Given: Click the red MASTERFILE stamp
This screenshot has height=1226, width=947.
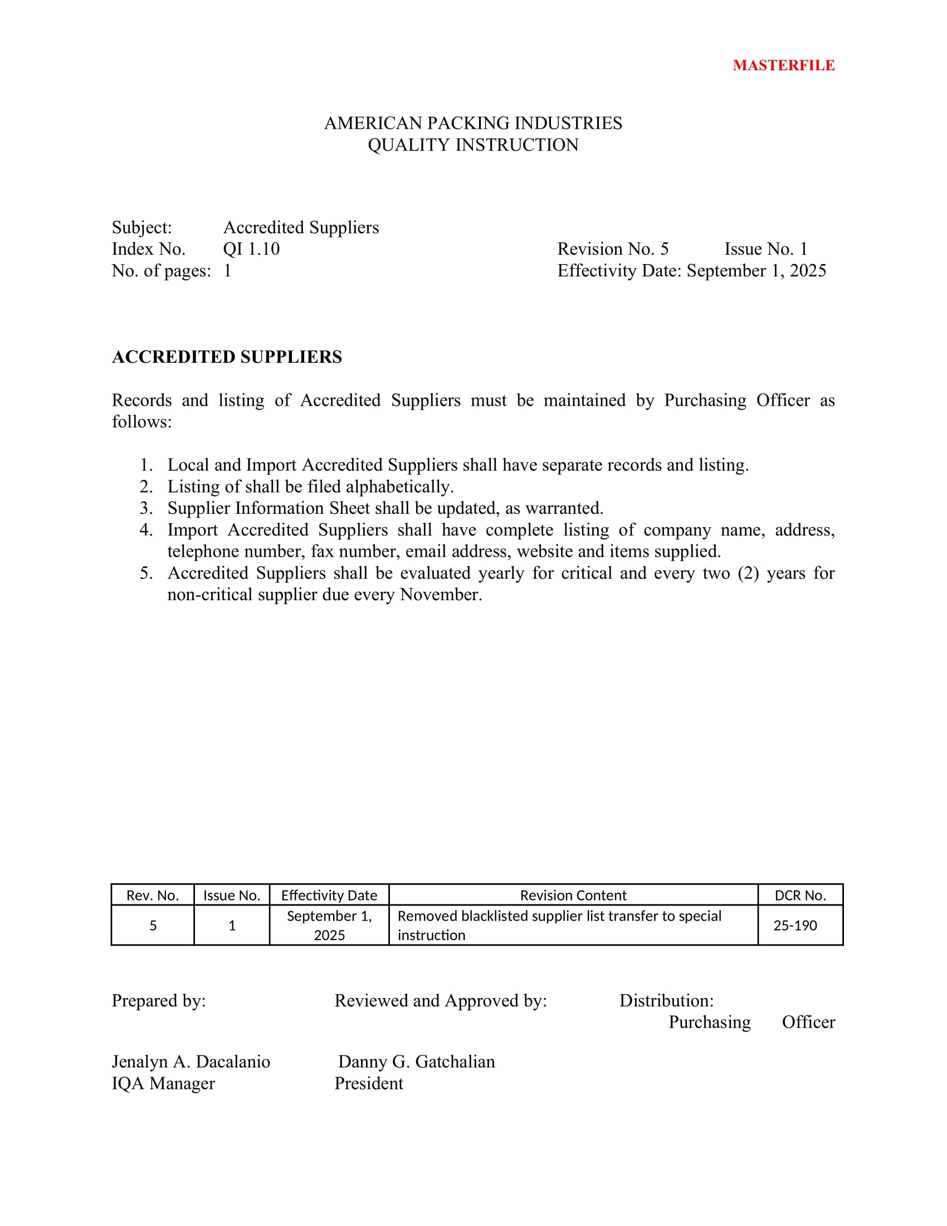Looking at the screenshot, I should (783, 65).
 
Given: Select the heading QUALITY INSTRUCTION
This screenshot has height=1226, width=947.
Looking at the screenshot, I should (473, 145).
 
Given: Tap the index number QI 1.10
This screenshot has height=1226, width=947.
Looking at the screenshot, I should (251, 249).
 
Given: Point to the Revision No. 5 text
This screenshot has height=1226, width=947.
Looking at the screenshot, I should (613, 249).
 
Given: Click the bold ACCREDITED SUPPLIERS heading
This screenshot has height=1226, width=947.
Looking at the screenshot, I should (227, 357).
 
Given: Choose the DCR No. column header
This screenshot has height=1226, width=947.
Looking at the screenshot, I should (800, 896).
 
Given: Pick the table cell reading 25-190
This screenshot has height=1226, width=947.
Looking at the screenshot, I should (795, 925).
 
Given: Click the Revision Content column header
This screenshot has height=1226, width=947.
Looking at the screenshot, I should (573, 896).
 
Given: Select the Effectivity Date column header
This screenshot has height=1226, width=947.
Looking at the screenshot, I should (329, 896).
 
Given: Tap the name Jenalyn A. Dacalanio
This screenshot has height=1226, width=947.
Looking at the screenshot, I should (191, 1062).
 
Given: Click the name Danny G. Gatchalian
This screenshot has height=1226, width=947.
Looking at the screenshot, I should (416, 1062).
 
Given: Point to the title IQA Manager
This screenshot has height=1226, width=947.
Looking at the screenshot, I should (163, 1083).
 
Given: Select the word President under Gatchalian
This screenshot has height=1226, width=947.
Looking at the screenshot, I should (369, 1083).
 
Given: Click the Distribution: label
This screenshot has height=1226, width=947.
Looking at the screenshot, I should (666, 1000).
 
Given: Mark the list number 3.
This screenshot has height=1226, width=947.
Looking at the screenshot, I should (145, 508).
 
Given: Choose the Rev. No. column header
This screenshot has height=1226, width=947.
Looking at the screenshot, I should (153, 896).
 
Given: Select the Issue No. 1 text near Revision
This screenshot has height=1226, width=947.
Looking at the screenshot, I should (766, 249).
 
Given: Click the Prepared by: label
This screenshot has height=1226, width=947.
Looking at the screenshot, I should (159, 1000).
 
